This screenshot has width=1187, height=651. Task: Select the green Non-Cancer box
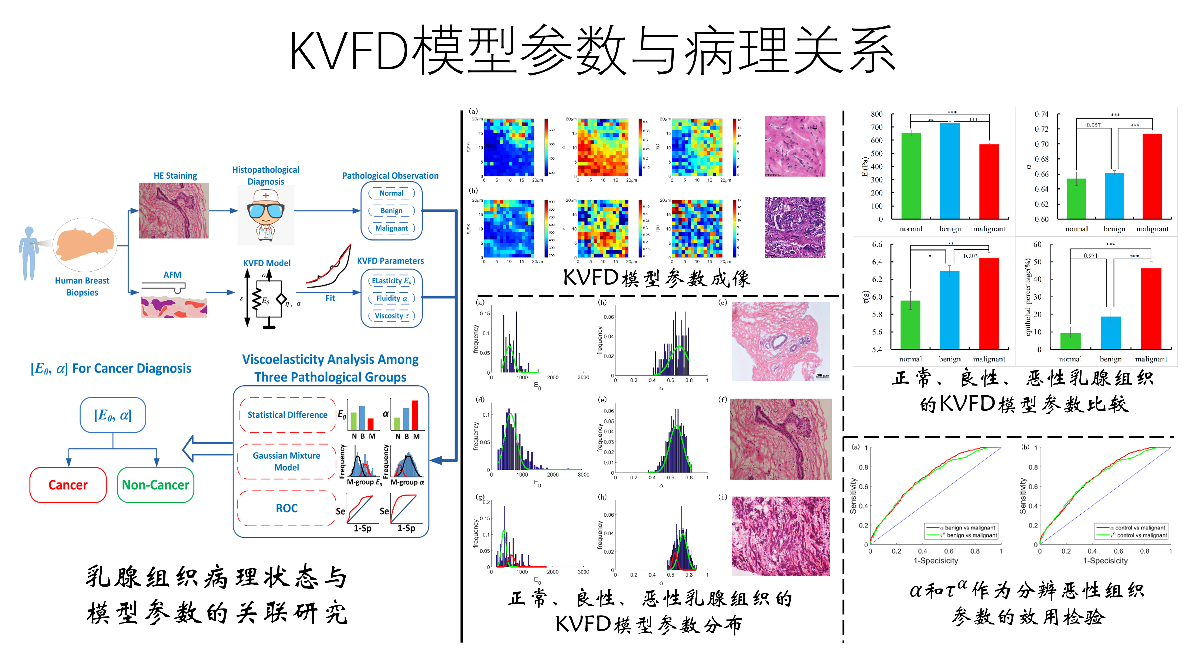[155, 485]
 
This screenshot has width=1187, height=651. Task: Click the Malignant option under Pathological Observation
[391, 228]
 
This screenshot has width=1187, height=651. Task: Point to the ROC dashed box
[286, 508]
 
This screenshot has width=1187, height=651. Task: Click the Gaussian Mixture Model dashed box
[286, 461]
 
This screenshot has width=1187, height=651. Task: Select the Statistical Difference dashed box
[288, 415]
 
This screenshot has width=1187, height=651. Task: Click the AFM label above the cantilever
[172, 275]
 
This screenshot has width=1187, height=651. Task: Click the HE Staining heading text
[175, 176]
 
